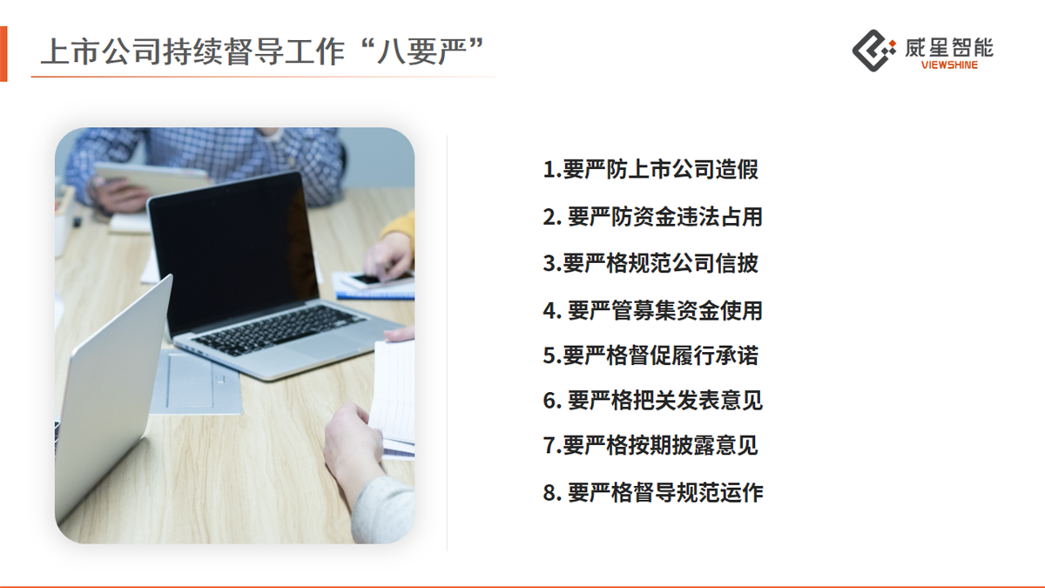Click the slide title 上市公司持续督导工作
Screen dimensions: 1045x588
click(x=193, y=51)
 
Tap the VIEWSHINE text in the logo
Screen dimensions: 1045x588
click(x=949, y=65)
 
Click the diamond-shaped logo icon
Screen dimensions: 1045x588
click(x=873, y=51)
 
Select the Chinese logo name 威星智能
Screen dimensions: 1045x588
click(x=949, y=48)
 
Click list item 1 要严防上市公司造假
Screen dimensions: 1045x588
click(x=651, y=169)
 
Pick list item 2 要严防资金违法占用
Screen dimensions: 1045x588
click(x=652, y=217)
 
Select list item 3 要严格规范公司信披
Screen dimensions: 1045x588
click(x=651, y=263)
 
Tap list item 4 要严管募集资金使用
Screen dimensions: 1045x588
click(x=652, y=311)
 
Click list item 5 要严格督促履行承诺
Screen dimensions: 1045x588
click(x=651, y=355)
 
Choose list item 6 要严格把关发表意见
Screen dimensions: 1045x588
click(x=652, y=401)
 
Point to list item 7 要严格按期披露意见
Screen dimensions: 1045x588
click(x=651, y=446)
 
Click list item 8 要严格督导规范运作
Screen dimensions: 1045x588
click(x=652, y=493)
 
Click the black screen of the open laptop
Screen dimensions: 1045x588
click(x=233, y=252)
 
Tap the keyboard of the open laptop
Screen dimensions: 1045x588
click(x=279, y=329)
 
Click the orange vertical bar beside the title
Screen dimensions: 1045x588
click(x=3, y=54)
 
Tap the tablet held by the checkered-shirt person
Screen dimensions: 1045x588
click(x=152, y=179)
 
